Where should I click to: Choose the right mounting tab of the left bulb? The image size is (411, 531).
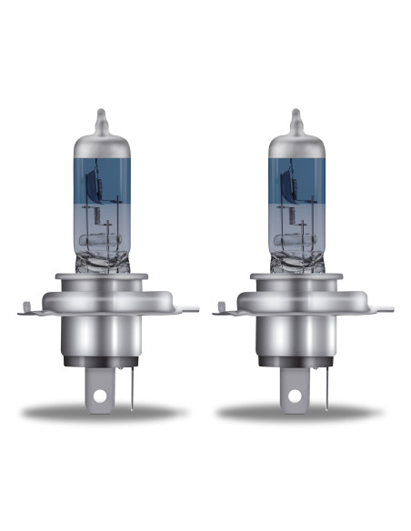click(178, 312)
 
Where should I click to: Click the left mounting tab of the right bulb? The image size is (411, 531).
click(221, 312)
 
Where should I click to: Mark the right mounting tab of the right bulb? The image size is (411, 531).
click(374, 312)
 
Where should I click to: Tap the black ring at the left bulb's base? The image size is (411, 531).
click(102, 364)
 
